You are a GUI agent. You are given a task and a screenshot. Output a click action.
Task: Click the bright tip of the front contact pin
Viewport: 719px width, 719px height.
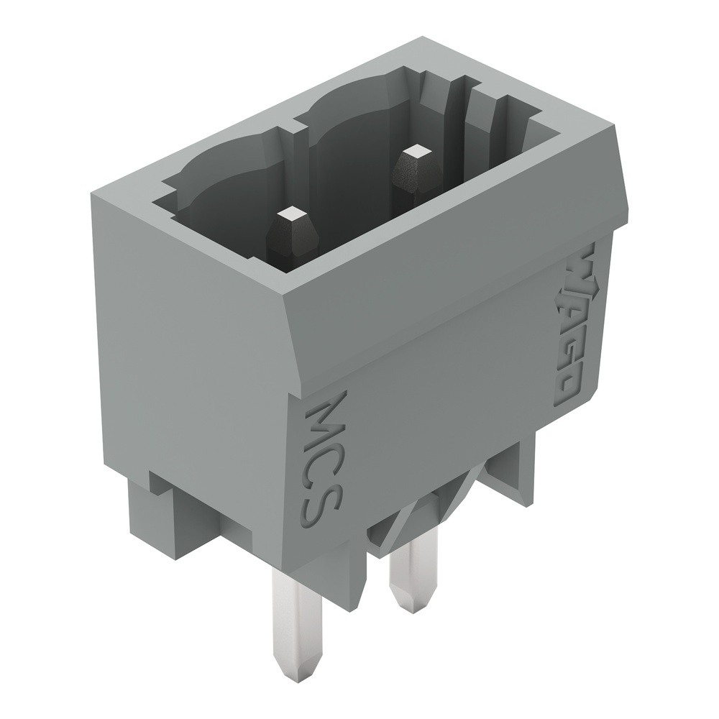[x=293, y=214]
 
